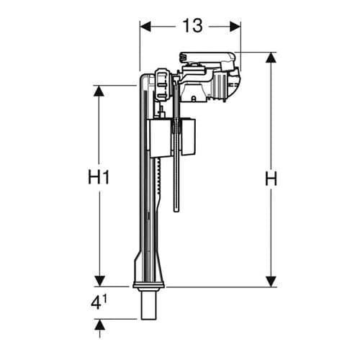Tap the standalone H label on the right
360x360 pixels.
271,180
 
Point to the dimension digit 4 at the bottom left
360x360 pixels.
95,302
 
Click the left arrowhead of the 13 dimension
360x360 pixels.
144,26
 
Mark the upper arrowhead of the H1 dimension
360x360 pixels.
99,91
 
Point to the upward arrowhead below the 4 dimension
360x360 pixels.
99,325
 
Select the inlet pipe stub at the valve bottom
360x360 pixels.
149,305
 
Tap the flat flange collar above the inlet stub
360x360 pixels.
149,287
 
